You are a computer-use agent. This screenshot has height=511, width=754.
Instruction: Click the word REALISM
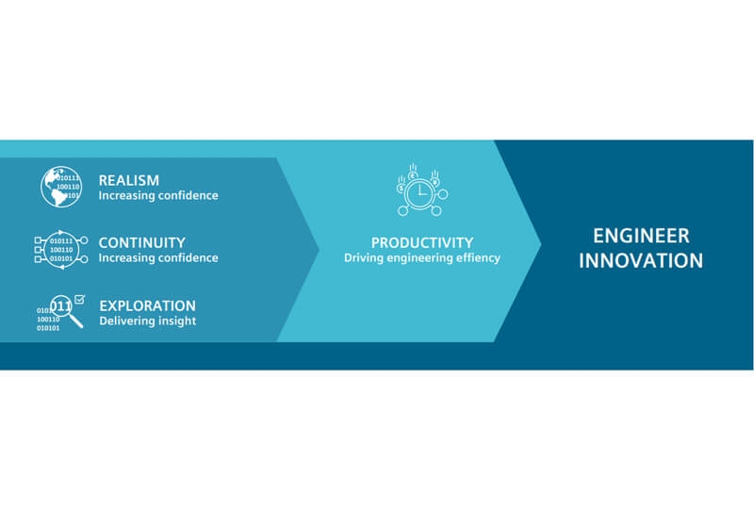[129, 180]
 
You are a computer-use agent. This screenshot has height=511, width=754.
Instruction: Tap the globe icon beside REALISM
[61, 187]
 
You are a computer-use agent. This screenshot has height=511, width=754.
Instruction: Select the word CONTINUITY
[142, 242]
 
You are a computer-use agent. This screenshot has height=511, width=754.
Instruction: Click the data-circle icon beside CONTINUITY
[61, 250]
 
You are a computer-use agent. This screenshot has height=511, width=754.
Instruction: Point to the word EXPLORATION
[148, 305]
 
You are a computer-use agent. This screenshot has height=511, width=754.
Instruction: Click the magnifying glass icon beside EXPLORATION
[66, 311]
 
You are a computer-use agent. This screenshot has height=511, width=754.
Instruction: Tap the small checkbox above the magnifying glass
[79, 299]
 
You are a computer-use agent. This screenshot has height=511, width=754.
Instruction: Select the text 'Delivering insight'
[148, 321]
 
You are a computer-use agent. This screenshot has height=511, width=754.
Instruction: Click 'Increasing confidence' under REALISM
[158, 195]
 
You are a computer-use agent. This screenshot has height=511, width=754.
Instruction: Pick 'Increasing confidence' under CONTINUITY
[158, 258]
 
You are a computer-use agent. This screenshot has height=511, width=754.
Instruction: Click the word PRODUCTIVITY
[422, 242]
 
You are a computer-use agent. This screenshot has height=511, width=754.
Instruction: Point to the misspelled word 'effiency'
[478, 258]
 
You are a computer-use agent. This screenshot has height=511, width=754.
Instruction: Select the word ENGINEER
[641, 236]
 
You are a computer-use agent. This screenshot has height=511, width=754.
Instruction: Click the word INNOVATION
[641, 261]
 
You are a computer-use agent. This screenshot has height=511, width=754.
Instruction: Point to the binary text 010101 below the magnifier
[48, 328]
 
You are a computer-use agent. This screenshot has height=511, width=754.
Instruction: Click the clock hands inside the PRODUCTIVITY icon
[421, 191]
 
